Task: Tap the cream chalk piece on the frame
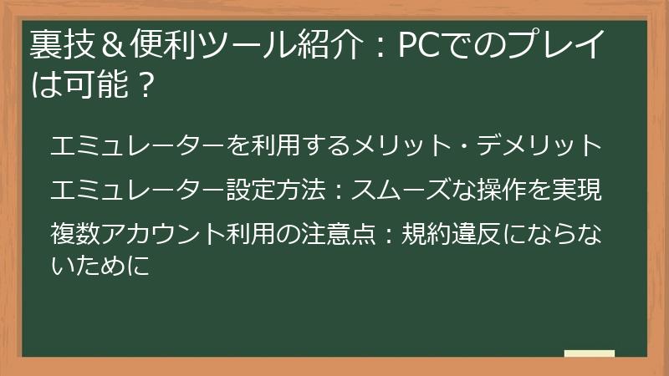(x=590, y=353)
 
